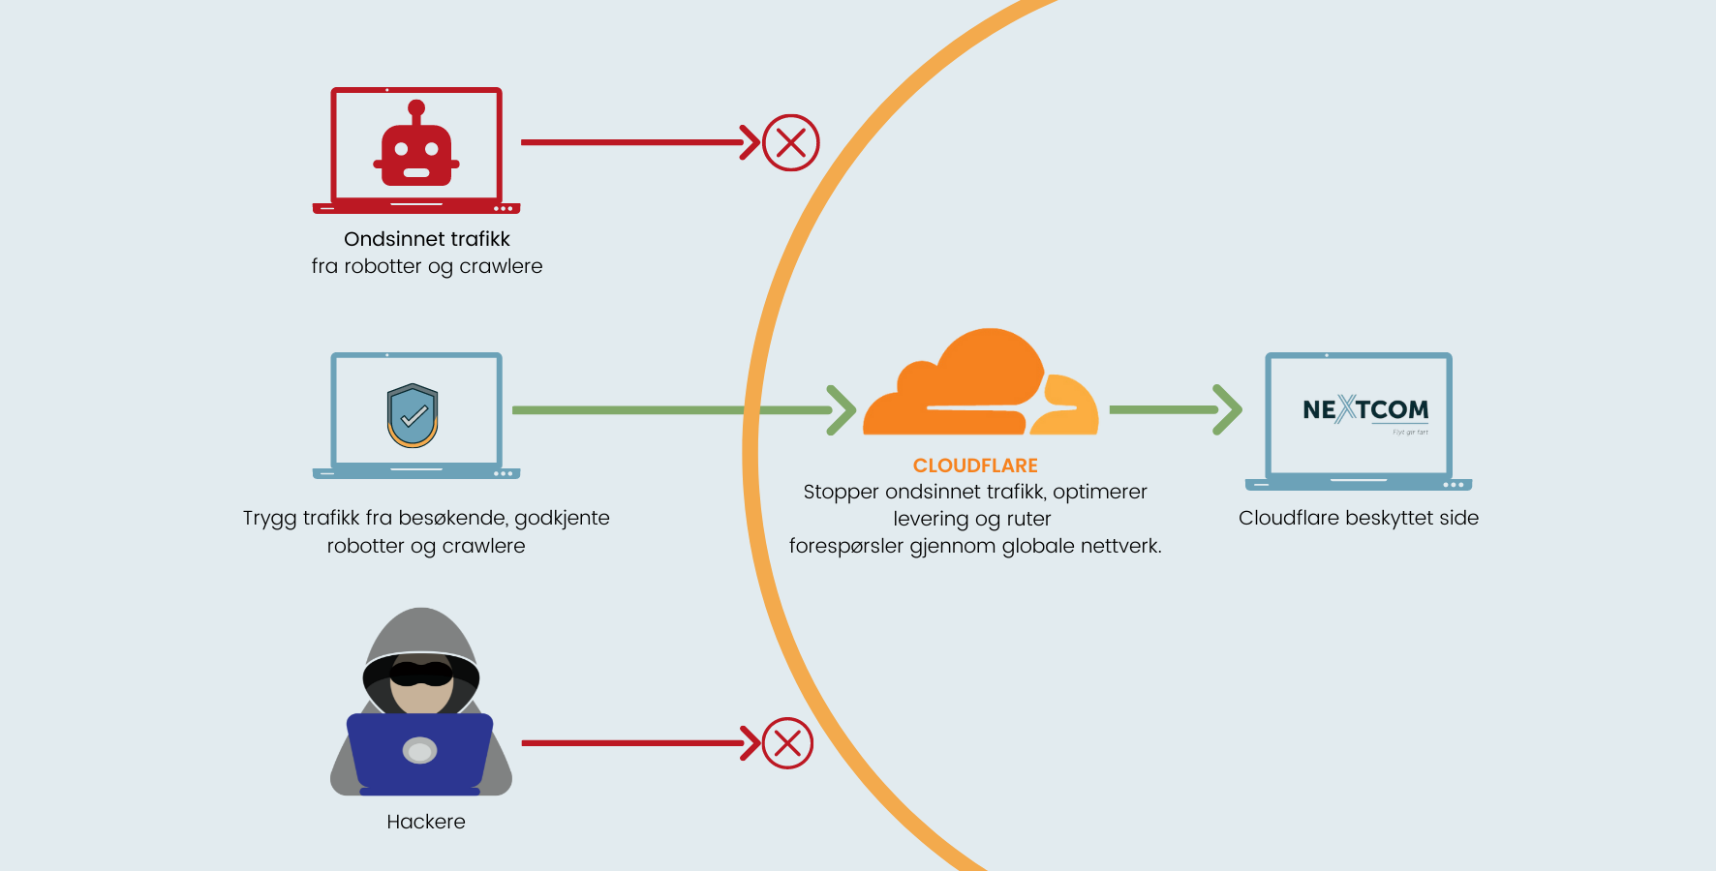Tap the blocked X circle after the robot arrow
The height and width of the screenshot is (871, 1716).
coord(790,143)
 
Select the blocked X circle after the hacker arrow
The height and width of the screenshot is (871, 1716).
coord(787,743)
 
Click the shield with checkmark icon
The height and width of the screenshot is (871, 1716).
coord(413,415)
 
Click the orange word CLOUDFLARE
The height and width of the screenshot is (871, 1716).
coord(975,466)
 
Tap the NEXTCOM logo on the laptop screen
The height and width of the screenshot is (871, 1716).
coord(1364,410)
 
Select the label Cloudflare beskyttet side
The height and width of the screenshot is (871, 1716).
coord(1358,518)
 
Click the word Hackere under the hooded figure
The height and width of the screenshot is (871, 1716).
coord(426,822)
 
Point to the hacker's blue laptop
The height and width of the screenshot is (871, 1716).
coord(419,751)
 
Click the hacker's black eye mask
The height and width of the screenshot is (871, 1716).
coord(421,673)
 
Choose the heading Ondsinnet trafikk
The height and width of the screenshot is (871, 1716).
coord(426,239)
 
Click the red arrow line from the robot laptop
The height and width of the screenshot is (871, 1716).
coord(629,142)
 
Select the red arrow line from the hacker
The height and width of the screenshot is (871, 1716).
coord(629,743)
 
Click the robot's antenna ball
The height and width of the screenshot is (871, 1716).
coord(416,107)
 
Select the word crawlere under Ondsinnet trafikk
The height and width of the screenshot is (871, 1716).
coord(501,266)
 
